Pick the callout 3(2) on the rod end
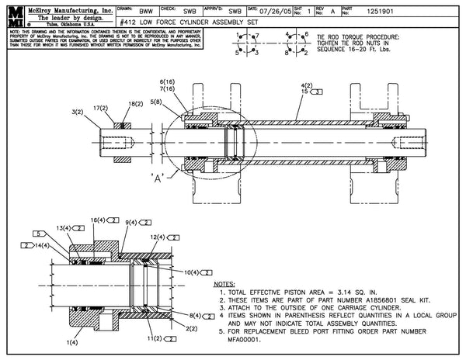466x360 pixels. (x=77, y=112)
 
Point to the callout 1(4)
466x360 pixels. (x=75, y=341)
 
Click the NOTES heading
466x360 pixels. (x=224, y=285)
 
